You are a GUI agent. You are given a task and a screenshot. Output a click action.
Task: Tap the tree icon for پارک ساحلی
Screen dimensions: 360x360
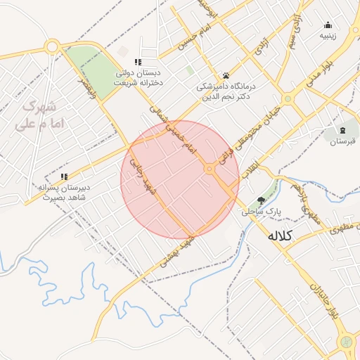[262, 200]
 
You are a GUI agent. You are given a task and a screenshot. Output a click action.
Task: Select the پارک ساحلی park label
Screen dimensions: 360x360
[261, 210]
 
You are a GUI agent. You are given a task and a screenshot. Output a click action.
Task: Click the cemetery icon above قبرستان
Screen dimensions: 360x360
[342, 130]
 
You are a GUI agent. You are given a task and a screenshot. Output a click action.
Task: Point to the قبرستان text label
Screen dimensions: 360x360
[342, 141]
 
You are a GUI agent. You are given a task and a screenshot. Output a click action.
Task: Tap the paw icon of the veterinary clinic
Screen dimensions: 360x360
[226, 75]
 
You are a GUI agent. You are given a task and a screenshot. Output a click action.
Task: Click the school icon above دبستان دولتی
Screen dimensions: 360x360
[138, 62]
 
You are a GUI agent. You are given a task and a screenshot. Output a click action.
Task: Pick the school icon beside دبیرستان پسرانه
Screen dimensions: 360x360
[64, 177]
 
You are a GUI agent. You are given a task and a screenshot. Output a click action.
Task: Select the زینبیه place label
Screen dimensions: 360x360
[328, 34]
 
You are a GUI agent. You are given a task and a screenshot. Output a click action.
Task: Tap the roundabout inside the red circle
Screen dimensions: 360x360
[210, 168]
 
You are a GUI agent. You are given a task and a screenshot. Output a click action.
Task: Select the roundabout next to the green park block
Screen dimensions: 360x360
[51, 47]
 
